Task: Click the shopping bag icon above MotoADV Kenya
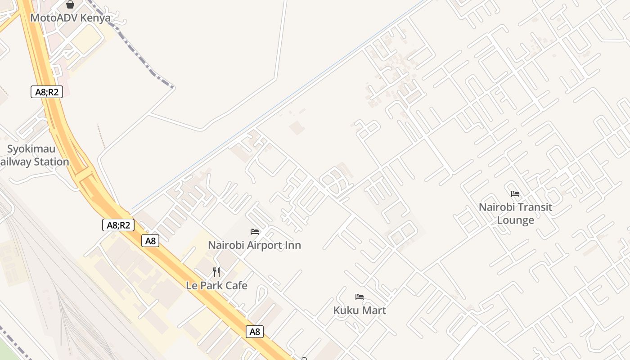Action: (70, 4)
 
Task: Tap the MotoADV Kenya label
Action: (70, 18)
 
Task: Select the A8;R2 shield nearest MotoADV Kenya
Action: (46, 92)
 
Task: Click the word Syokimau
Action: (31, 149)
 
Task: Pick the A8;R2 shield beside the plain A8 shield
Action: (118, 225)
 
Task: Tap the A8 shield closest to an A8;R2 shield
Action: (151, 241)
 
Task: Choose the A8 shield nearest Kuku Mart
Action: (255, 332)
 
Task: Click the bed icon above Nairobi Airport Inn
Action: (255, 232)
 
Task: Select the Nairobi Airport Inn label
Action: (254, 245)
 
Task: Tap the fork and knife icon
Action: (216, 272)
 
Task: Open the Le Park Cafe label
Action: (216, 286)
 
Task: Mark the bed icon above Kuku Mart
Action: (359, 297)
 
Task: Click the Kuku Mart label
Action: (360, 310)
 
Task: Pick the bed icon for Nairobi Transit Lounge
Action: (515, 194)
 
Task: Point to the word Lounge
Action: (515, 220)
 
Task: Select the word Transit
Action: (535, 207)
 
